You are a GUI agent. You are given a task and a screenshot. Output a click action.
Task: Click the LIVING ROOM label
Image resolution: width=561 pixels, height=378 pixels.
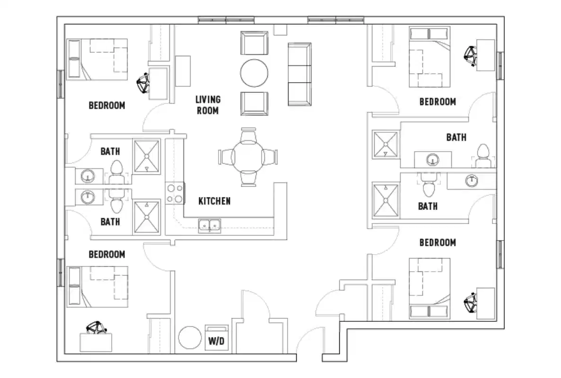click(208, 105)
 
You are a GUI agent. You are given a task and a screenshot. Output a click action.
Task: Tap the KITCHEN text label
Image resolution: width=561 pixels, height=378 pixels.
click(214, 201)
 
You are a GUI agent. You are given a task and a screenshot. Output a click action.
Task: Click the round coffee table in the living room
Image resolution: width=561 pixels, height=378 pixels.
click(254, 72)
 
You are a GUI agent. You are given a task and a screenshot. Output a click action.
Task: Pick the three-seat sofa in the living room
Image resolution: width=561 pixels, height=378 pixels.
click(299, 74)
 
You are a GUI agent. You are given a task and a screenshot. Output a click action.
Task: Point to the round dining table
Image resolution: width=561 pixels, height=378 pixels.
click(248, 156)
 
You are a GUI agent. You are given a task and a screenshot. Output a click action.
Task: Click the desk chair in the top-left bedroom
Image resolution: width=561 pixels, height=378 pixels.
click(143, 85)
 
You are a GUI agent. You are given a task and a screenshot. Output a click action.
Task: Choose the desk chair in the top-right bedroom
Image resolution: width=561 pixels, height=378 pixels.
click(471, 55)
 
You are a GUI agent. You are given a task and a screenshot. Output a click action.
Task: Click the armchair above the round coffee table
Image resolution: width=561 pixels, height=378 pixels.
click(254, 44)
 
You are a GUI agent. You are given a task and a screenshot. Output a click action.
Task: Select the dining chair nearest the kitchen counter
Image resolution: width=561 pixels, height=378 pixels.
click(248, 178)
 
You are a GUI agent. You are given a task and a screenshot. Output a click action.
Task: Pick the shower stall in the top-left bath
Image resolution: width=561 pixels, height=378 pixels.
click(147, 155)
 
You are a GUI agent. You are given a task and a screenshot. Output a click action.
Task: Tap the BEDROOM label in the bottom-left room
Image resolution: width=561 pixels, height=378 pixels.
click(107, 254)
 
